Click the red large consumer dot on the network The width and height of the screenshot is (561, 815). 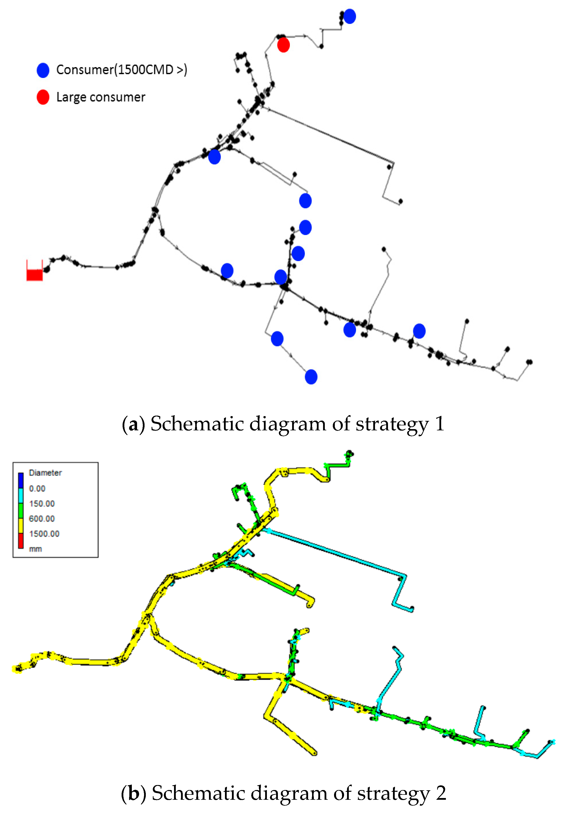(283, 45)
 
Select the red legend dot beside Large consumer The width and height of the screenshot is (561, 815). (43, 97)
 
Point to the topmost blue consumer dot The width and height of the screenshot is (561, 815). (349, 16)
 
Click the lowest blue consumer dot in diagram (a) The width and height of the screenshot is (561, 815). (311, 377)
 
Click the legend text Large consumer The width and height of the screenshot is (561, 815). (101, 97)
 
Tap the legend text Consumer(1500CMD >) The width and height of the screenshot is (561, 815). (122, 70)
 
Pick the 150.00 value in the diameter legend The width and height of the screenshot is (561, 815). (42, 504)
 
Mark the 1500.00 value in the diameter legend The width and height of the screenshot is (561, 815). (44, 534)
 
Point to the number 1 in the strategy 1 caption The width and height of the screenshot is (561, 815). (440, 424)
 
